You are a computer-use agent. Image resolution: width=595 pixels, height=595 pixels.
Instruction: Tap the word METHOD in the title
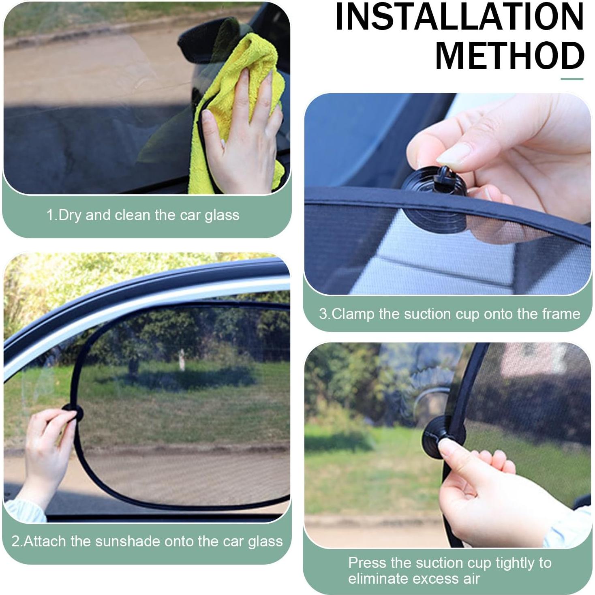coord(509,56)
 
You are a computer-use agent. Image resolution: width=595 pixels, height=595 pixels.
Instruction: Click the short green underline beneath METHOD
coord(572,79)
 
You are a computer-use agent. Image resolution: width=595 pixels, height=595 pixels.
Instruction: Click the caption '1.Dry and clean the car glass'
coord(143,215)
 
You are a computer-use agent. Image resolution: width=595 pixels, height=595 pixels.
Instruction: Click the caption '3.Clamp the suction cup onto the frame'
coord(449,314)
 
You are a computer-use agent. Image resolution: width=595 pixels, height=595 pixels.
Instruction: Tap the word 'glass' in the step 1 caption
coord(222,215)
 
